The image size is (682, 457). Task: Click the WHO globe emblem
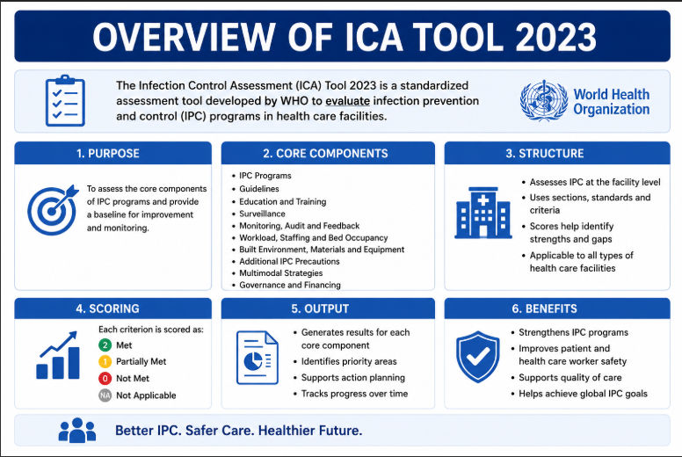(x=544, y=100)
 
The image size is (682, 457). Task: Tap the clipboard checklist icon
(x=65, y=100)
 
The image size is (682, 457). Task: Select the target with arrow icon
(x=53, y=209)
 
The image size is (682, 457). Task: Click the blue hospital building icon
(x=482, y=213)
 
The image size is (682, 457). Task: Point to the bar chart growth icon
(x=57, y=355)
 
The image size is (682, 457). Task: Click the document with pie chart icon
(x=257, y=358)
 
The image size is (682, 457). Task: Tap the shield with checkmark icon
(x=477, y=357)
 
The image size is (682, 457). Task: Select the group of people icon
(x=77, y=430)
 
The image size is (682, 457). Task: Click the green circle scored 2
(x=105, y=345)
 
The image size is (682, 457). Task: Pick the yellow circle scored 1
(x=105, y=361)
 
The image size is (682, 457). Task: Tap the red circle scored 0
(x=105, y=378)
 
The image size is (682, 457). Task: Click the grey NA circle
(x=105, y=395)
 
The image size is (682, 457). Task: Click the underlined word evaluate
(x=347, y=101)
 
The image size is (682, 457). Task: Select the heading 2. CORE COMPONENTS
(x=325, y=154)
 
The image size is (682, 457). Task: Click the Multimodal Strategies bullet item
(x=281, y=273)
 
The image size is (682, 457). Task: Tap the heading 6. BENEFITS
(x=545, y=308)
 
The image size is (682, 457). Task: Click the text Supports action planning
(x=353, y=377)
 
